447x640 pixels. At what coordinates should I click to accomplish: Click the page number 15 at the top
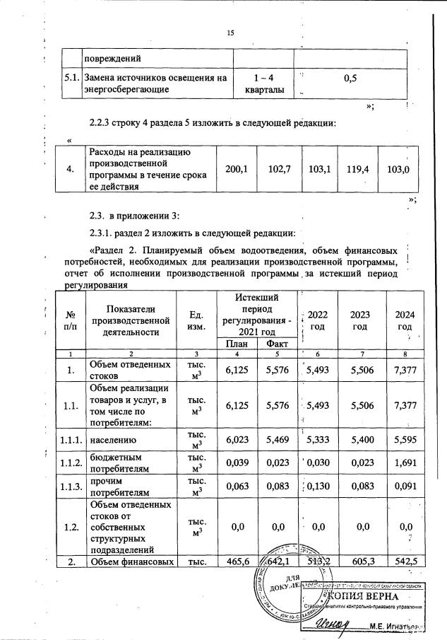(230, 33)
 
